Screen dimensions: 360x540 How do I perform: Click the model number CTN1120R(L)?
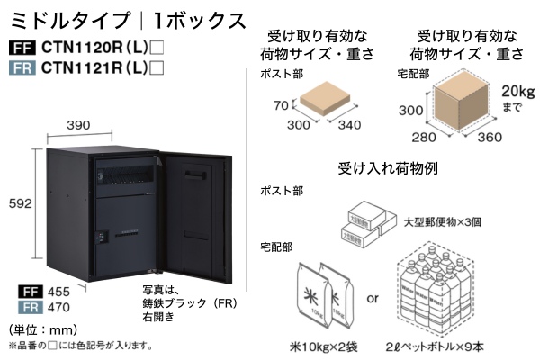tap(89, 48)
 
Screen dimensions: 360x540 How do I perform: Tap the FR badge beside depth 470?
tap(28, 306)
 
